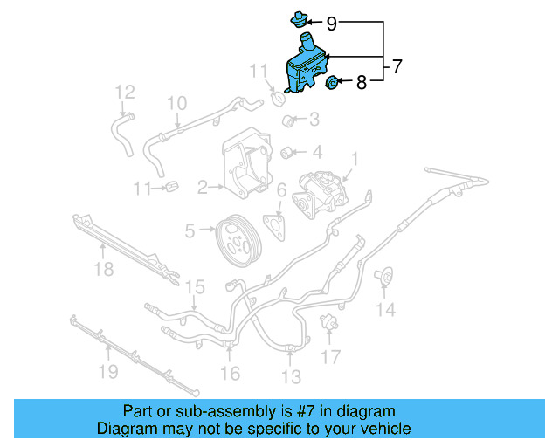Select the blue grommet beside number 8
(x=332, y=83)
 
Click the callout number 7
(x=397, y=65)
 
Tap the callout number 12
(x=125, y=91)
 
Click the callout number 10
(x=176, y=103)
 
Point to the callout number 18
(x=103, y=270)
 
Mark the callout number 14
(x=385, y=309)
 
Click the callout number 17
(x=329, y=356)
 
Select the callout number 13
(x=291, y=376)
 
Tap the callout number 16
(x=230, y=374)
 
